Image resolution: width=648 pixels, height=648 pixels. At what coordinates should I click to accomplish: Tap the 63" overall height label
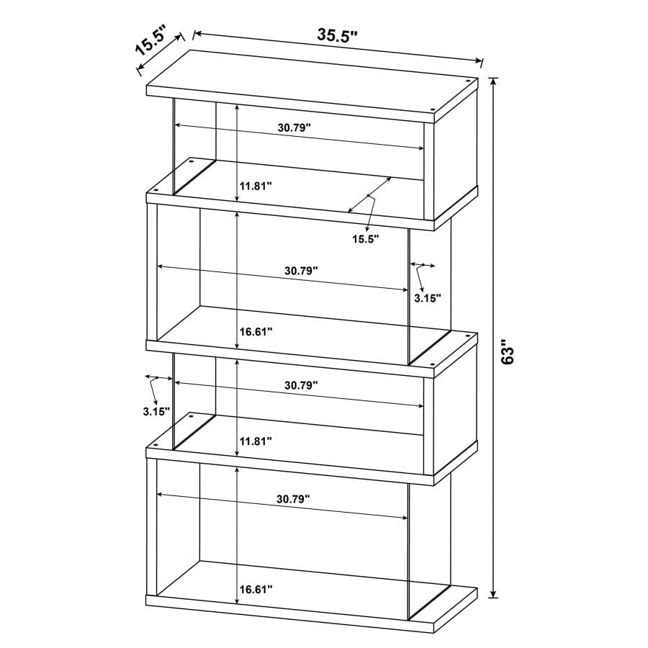(509, 354)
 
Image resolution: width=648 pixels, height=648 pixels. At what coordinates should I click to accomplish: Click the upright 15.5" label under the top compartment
(365, 238)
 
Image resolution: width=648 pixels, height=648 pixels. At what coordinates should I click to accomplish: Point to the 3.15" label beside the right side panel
(426, 297)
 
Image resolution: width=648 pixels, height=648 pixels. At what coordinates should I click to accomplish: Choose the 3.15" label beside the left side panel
(156, 412)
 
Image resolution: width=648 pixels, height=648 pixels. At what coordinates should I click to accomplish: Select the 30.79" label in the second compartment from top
(301, 271)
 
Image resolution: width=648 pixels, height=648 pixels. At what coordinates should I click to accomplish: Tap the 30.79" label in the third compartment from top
(301, 385)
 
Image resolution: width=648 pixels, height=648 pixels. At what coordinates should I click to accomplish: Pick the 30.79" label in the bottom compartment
(292, 498)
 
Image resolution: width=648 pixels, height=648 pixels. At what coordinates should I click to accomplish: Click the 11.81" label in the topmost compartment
(255, 186)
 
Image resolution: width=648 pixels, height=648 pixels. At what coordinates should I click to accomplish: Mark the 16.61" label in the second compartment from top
(255, 332)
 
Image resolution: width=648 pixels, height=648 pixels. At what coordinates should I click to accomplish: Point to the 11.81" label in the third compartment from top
(255, 441)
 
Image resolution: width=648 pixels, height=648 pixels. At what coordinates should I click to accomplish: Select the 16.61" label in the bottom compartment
(255, 590)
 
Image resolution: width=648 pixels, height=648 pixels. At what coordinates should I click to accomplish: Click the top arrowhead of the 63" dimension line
(493, 81)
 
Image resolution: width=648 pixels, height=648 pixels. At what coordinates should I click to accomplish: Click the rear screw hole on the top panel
(470, 81)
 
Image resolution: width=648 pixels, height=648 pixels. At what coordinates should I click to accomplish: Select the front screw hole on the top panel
(436, 110)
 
